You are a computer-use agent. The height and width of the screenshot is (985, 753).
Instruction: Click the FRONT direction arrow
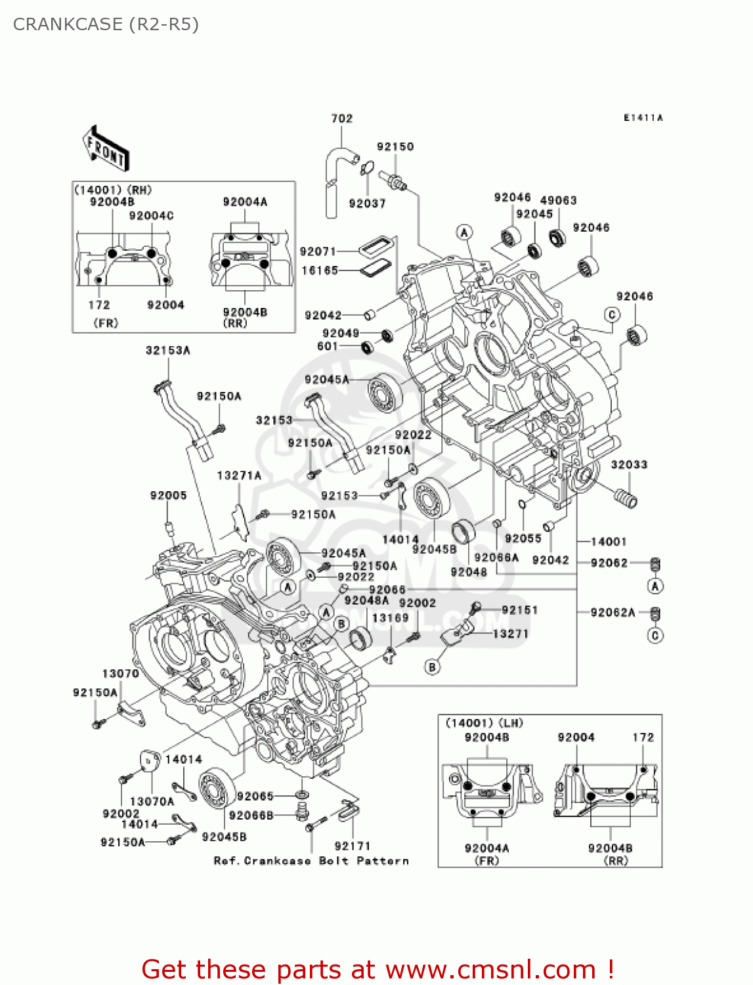105,148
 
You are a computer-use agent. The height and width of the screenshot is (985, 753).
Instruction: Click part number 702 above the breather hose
341,118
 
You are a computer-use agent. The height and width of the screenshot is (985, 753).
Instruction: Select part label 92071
318,252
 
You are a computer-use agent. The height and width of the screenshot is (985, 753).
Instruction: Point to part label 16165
319,271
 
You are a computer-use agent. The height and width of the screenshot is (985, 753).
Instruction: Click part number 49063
558,200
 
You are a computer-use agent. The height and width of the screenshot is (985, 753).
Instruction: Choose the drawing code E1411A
643,118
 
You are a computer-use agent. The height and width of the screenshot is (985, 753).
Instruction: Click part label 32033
629,465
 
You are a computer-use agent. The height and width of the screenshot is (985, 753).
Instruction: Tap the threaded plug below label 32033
625,496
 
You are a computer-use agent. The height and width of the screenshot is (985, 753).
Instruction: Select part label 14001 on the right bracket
609,542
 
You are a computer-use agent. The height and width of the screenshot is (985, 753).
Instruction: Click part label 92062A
613,613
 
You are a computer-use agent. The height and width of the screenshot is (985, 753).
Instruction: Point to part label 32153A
168,351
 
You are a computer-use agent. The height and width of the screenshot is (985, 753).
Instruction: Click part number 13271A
239,475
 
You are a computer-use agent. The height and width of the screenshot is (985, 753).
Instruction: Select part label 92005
168,496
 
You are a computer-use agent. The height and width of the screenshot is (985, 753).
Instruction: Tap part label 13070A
152,801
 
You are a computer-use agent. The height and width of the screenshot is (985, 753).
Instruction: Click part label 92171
352,846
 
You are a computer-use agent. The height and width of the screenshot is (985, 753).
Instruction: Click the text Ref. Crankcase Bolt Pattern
311,861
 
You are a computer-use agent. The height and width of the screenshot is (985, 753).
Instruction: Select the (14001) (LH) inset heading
484,723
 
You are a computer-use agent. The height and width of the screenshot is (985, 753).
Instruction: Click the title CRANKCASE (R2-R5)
106,24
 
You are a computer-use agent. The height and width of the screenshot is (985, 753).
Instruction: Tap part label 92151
519,610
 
